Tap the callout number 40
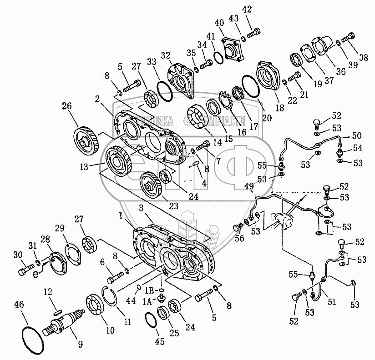point(219,22)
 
